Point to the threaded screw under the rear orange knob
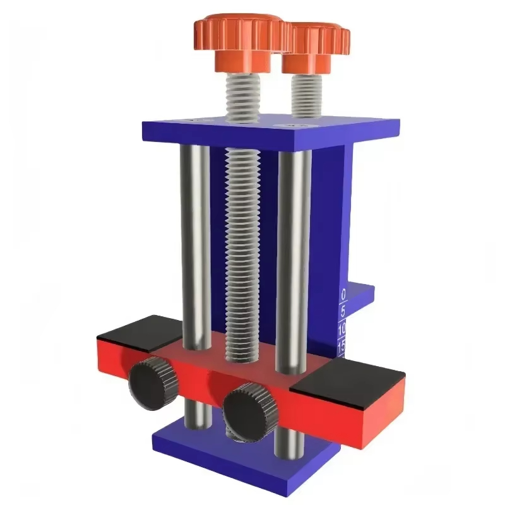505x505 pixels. (307, 95)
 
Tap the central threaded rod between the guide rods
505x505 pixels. (242, 252)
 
